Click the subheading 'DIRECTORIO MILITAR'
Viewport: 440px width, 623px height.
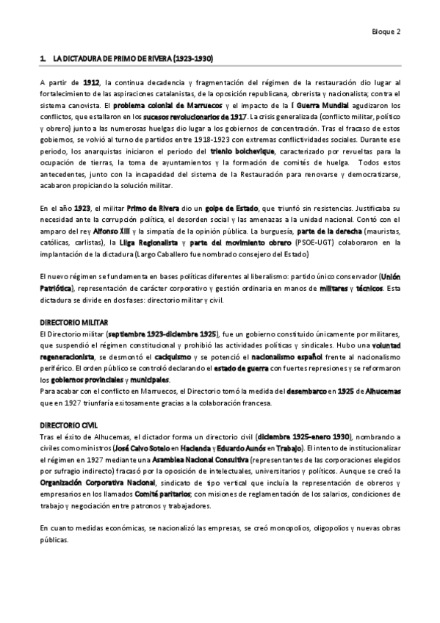pyautogui.click(x=73, y=323)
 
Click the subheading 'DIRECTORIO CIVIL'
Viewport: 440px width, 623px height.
pyautogui.click(x=68, y=426)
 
